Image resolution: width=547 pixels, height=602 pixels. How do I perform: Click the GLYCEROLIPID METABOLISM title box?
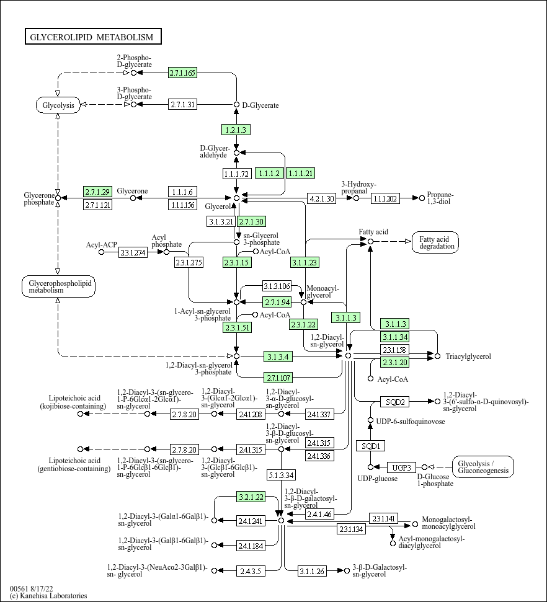point(93,37)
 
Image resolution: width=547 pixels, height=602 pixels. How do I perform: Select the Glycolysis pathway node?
point(58,105)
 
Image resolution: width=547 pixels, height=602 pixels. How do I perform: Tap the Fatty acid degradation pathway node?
point(435,242)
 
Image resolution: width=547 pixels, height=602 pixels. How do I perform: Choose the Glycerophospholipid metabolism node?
point(58,286)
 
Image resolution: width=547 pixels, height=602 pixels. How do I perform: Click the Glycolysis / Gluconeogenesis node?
point(483,467)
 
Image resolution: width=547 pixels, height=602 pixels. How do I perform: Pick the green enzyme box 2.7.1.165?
point(182,73)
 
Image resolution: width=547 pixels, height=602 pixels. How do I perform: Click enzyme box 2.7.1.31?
point(182,104)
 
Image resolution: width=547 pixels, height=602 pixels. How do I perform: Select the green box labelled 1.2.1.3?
point(236,130)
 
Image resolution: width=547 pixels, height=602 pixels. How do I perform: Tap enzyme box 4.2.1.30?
point(321,198)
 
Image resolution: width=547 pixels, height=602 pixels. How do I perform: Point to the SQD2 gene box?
point(395,402)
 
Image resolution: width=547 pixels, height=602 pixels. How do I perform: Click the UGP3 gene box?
point(402,467)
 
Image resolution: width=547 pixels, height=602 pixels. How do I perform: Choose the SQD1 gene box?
point(371,446)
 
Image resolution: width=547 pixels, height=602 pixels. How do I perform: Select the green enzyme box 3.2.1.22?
point(251,497)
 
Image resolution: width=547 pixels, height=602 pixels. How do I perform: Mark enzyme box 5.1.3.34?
point(281,475)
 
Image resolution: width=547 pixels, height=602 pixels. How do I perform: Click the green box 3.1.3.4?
point(277,356)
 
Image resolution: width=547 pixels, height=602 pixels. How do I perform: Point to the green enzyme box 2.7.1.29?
point(97,192)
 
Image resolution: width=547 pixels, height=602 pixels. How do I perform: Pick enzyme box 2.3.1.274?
point(133,252)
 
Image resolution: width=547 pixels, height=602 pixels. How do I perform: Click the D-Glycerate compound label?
point(260,105)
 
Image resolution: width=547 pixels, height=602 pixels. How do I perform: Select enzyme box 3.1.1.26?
point(312,570)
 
